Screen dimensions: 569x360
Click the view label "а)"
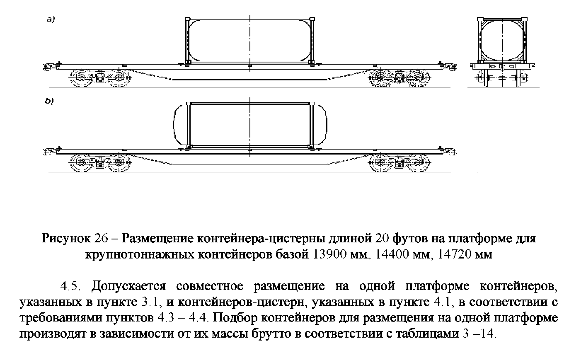[x=51, y=19]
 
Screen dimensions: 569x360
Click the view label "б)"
[x=49, y=101]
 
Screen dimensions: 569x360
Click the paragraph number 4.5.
[x=70, y=286]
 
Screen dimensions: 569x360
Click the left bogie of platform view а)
[x=100, y=77]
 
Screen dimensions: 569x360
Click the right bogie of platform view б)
[x=400, y=162]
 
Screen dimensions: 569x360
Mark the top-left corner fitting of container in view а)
[x=187, y=19]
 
